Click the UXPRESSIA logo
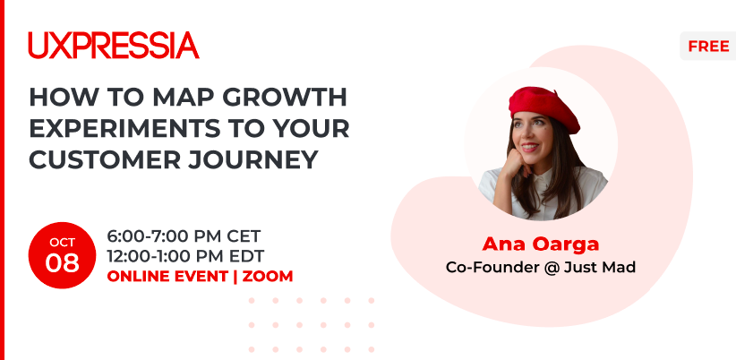point(114,45)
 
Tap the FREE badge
point(708,46)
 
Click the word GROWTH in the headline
point(285,97)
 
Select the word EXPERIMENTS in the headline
point(124,128)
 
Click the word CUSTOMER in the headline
point(105,159)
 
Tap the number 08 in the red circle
point(62,263)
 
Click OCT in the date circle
point(62,242)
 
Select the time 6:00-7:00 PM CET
point(184,236)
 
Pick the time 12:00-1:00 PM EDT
point(185,256)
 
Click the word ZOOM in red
point(268,276)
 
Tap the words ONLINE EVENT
point(167,276)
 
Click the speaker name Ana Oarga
point(540,244)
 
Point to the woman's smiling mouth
point(529,148)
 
